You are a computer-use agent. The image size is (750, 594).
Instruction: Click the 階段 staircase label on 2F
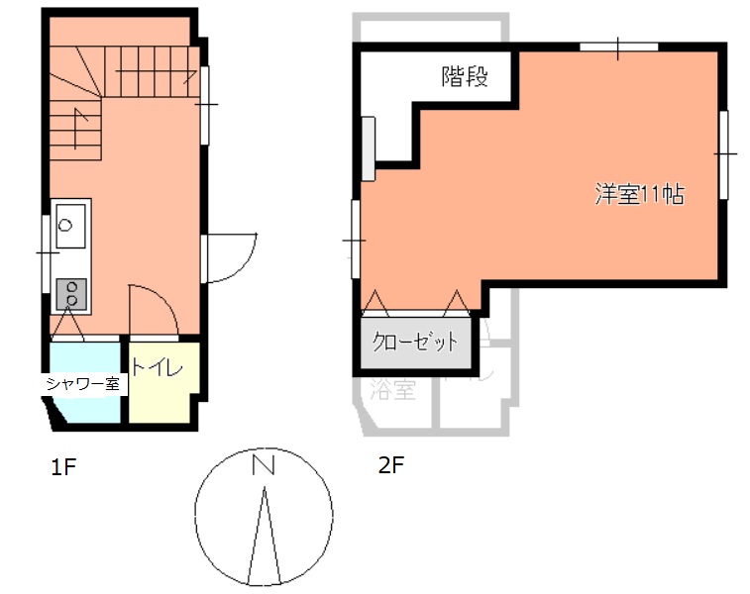(465, 76)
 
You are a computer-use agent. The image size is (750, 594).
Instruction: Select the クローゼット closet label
(415, 343)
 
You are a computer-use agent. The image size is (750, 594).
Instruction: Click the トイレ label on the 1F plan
(157, 368)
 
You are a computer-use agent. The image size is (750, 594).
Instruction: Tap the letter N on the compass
(263, 465)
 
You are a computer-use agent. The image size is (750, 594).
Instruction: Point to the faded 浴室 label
(391, 390)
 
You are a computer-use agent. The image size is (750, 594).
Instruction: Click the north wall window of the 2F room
(618, 47)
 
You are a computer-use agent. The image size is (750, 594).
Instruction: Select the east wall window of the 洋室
(724, 153)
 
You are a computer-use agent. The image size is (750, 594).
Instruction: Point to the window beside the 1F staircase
(206, 103)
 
